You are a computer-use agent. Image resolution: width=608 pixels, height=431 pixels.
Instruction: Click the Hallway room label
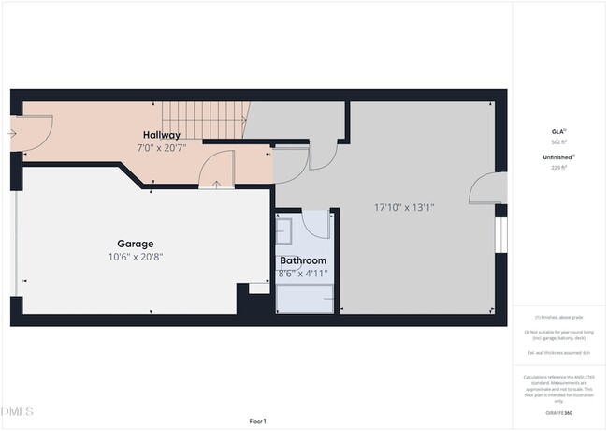pyautogui.click(x=162, y=136)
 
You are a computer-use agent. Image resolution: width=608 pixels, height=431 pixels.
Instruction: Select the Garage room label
pyautogui.click(x=136, y=244)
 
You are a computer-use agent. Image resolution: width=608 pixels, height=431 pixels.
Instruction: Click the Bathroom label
pyautogui.click(x=303, y=260)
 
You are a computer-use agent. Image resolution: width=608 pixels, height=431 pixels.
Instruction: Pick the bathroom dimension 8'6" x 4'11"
pyautogui.click(x=303, y=273)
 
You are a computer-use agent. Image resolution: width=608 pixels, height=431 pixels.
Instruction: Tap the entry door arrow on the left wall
pyautogui.click(x=11, y=134)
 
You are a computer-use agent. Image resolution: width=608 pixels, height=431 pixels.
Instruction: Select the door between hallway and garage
pyautogui.click(x=217, y=170)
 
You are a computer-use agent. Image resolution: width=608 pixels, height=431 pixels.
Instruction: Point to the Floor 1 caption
pyautogui.click(x=257, y=421)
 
